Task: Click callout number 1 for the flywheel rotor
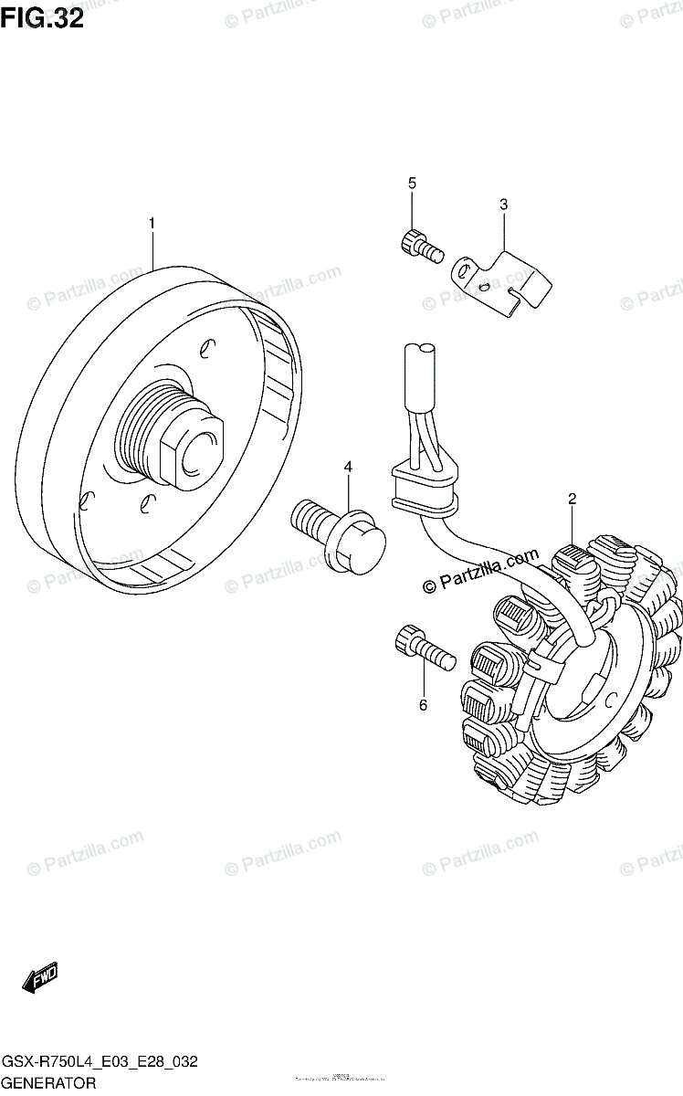(152, 223)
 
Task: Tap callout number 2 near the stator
(572, 499)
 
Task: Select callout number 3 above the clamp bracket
(502, 205)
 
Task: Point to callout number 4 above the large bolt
(347, 468)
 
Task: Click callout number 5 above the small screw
(412, 184)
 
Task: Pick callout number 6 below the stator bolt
(423, 704)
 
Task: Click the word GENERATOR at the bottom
(48, 1084)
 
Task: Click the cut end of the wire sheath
(423, 349)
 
